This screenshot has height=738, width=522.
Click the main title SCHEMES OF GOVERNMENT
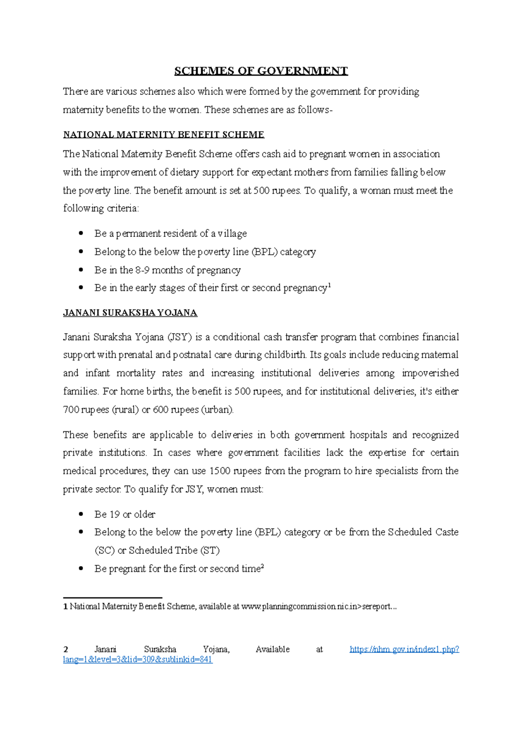pos(261,71)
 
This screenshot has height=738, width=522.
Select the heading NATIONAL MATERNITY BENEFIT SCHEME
pos(164,135)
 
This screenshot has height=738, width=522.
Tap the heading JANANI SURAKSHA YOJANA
pos(130,313)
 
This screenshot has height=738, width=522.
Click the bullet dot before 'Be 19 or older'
pos(81,514)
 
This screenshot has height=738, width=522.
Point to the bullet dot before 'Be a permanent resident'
pos(81,233)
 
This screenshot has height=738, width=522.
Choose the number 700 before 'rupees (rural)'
pos(71,410)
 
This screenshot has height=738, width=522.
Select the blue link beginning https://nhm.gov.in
pos(404,649)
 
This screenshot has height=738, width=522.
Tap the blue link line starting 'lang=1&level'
pos(137,660)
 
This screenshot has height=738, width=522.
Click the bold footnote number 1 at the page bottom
pos(65,607)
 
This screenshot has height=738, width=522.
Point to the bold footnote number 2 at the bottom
pos(66,649)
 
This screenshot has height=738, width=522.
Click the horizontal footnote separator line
pos(113,598)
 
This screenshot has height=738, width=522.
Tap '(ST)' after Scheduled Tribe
pos(210,551)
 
